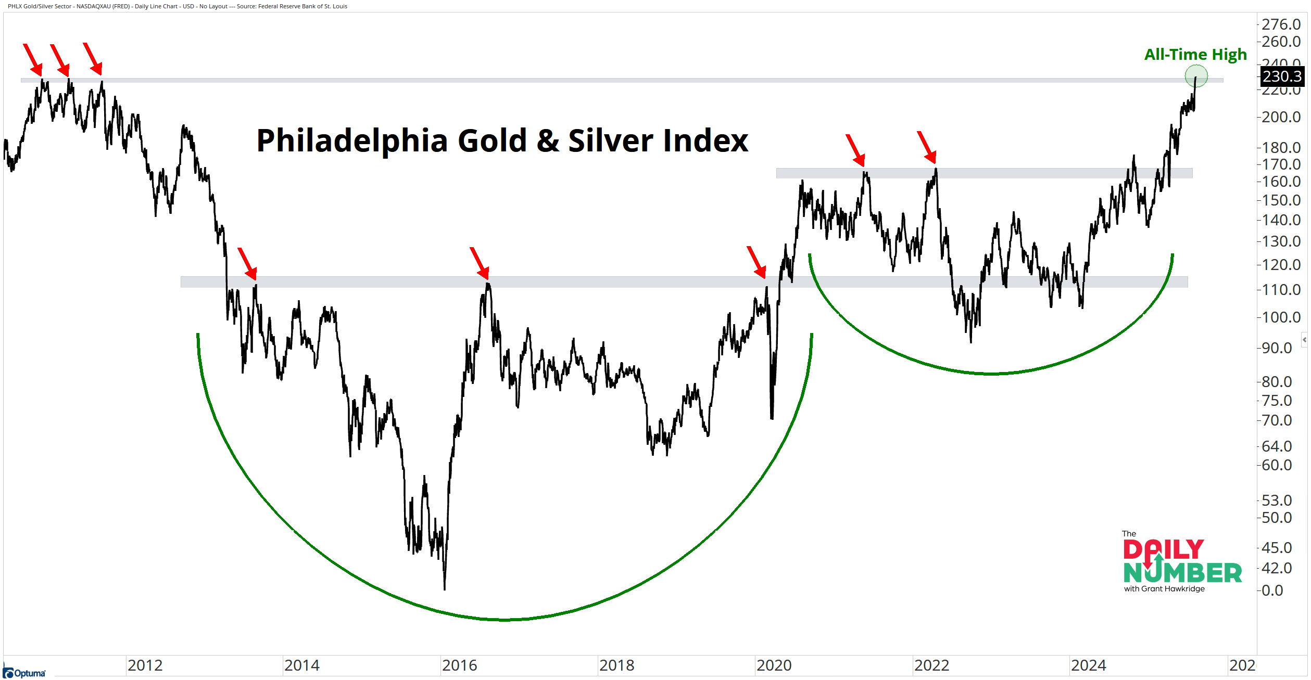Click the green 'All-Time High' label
click(x=1195, y=55)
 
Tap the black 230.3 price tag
click(x=1281, y=76)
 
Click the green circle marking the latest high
click(x=1196, y=76)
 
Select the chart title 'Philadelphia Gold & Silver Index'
click(x=502, y=140)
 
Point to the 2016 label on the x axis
click(x=459, y=665)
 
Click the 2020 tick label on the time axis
click(x=774, y=665)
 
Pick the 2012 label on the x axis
click(x=145, y=665)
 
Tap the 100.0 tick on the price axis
click(x=1281, y=317)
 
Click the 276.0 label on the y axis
click(x=1281, y=24)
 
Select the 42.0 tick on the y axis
click(x=1277, y=568)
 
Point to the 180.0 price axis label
click(x=1281, y=148)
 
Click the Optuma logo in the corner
click(x=24, y=673)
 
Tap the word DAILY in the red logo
click(x=1163, y=550)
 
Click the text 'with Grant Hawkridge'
click(x=1164, y=589)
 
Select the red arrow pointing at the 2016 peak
click(x=480, y=263)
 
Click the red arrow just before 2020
click(x=757, y=262)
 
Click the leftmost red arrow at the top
click(x=33, y=59)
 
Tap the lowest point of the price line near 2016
click(x=444, y=589)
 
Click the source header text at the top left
click(x=178, y=6)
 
